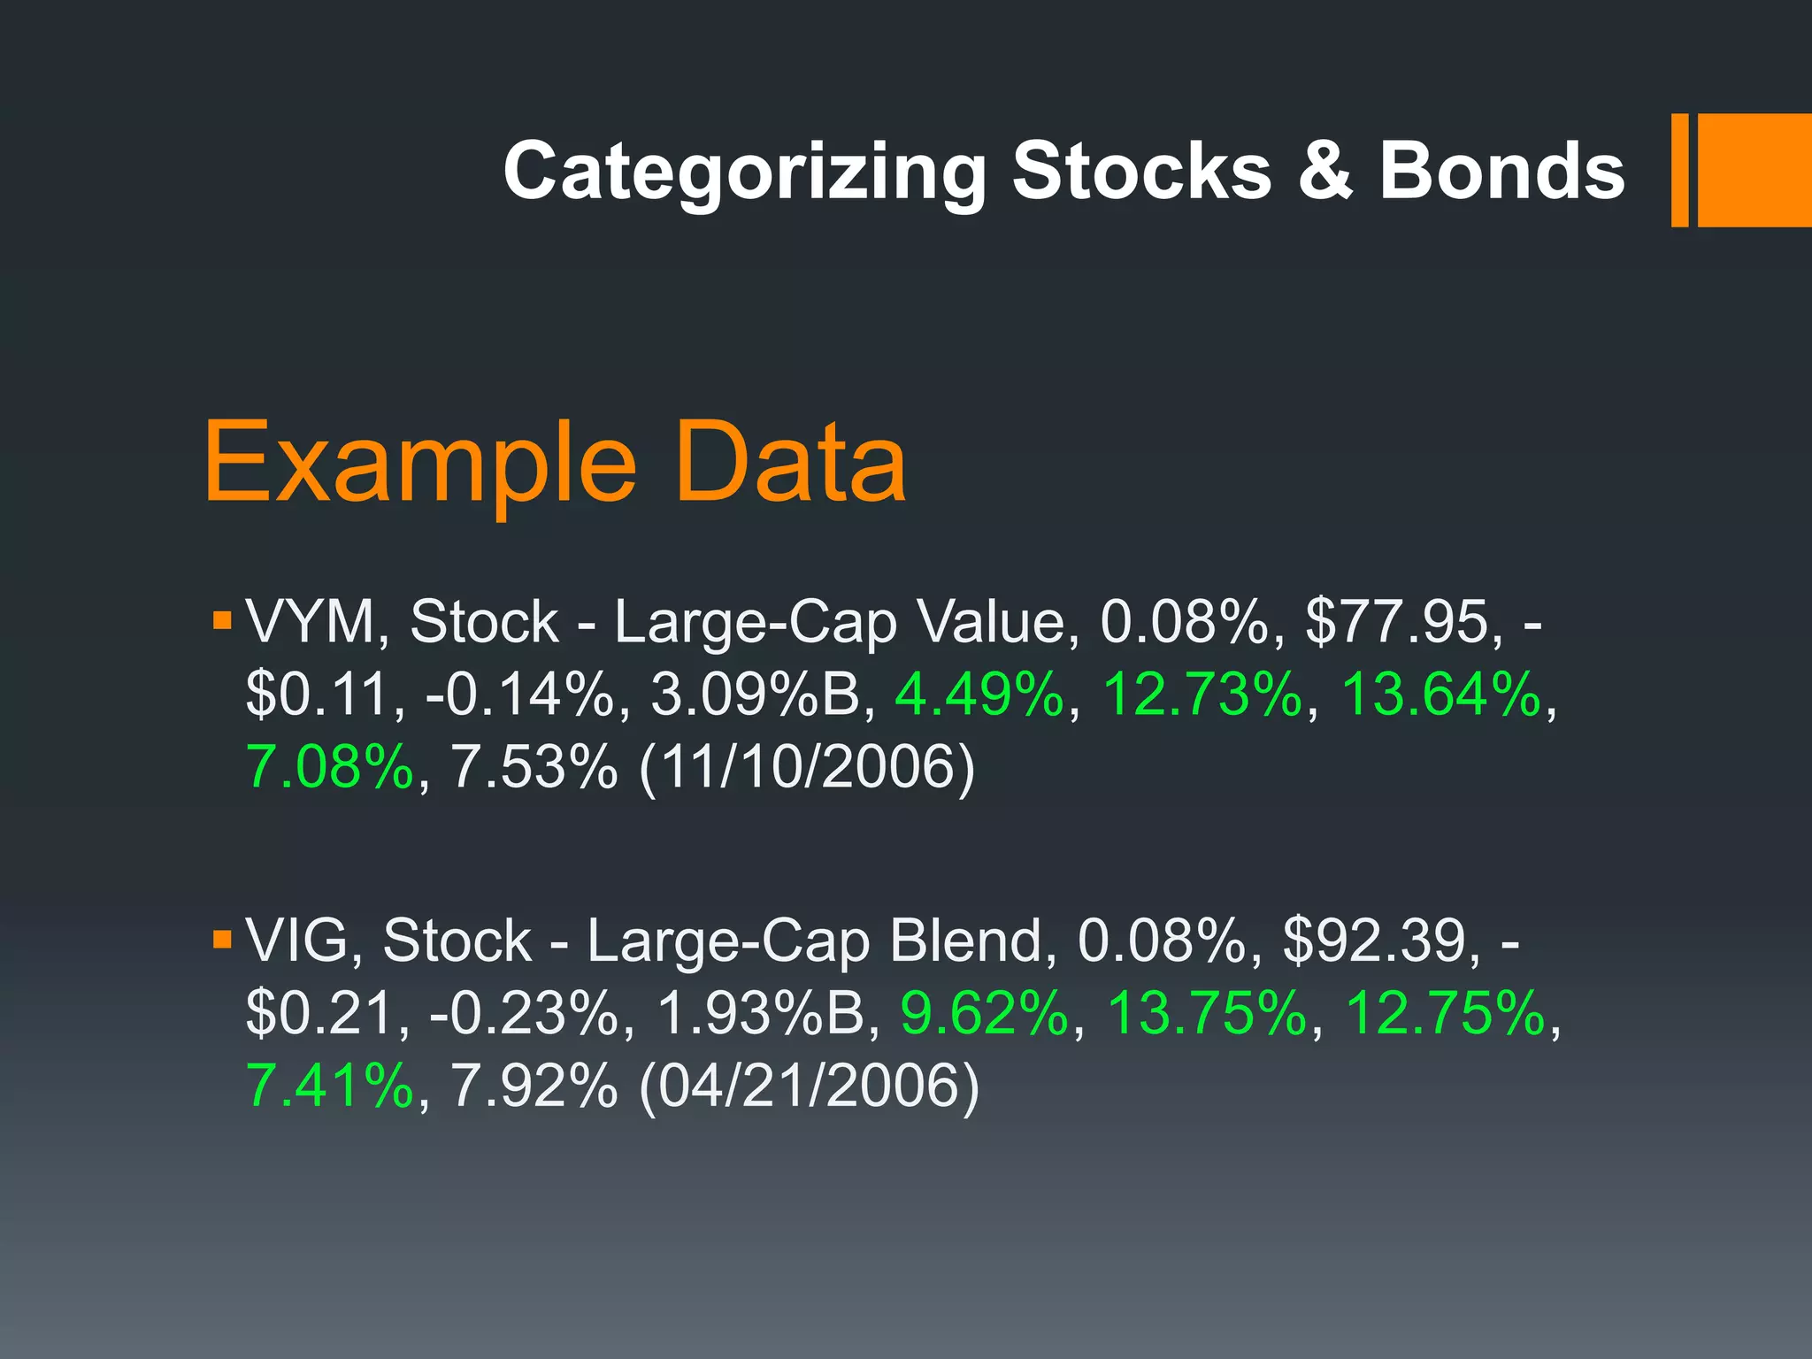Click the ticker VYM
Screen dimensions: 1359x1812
[311, 622]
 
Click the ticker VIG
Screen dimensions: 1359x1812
[297, 941]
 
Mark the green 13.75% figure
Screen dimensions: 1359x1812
[1207, 1013]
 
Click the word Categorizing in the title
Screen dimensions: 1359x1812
[744, 172]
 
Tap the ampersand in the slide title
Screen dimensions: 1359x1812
[1324, 172]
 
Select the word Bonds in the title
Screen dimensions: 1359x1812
[1501, 172]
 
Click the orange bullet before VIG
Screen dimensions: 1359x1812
[221, 937]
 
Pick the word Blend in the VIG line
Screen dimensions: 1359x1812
[967, 941]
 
